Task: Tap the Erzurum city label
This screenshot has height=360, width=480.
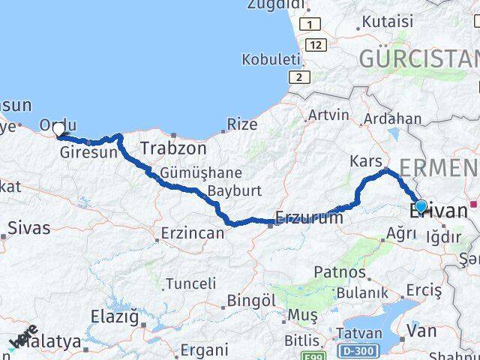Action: point(309,217)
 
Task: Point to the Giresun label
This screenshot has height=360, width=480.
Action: point(93,152)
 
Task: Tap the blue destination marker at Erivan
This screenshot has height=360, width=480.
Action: point(421,206)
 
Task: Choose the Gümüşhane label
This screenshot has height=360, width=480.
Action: point(190,172)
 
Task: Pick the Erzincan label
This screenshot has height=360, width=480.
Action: point(193,233)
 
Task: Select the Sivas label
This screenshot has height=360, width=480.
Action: point(29,227)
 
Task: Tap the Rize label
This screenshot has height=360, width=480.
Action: point(241,123)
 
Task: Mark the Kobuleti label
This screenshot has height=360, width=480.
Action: point(270,58)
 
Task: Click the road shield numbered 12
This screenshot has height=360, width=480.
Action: point(316,46)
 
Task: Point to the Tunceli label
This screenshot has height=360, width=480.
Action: point(190,283)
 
